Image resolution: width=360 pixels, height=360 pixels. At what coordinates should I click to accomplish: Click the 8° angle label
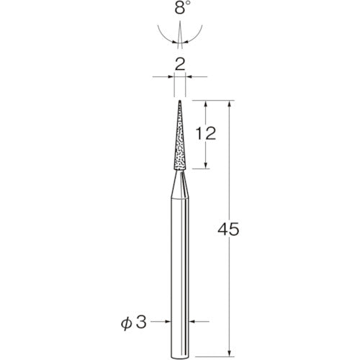click(181, 7)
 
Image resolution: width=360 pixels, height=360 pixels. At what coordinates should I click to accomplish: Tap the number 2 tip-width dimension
click(180, 64)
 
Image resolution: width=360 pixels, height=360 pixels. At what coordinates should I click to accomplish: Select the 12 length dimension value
click(206, 133)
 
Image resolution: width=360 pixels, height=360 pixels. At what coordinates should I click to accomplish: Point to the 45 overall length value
click(228, 229)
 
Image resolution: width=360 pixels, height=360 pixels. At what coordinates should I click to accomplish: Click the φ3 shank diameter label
click(133, 323)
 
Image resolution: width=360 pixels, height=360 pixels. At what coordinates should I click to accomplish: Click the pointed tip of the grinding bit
click(180, 101)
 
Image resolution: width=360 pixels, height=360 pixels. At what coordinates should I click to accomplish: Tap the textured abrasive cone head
click(180, 135)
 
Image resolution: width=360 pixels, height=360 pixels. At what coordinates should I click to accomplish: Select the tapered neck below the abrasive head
click(180, 184)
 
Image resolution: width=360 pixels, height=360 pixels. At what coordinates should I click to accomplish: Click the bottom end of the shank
click(180, 358)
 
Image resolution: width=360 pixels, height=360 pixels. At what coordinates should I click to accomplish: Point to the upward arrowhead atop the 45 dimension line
click(230, 104)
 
